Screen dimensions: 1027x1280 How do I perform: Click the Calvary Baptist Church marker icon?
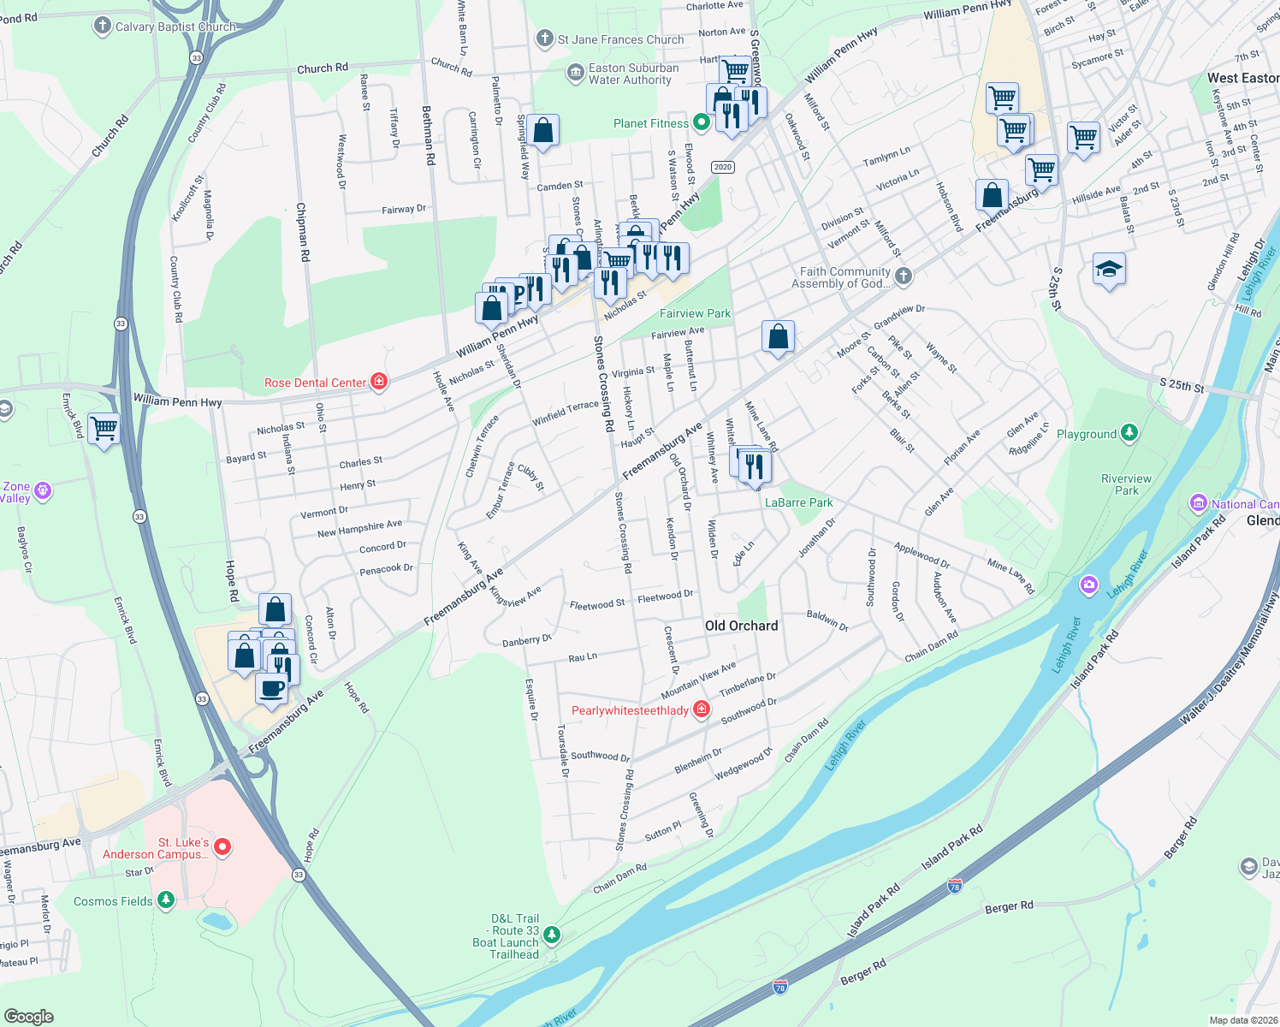point(103,26)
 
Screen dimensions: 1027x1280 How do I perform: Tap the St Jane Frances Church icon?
point(544,39)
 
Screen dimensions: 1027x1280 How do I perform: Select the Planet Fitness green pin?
point(702,123)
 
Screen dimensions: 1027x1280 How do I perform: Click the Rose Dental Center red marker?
point(379,383)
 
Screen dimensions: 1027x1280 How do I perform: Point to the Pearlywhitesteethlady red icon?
point(702,709)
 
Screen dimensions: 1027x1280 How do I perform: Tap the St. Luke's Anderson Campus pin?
point(222,847)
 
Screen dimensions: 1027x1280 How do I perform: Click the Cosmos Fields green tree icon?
point(166,900)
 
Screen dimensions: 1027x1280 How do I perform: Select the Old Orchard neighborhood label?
point(741,626)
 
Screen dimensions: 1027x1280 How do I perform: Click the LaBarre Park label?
point(798,502)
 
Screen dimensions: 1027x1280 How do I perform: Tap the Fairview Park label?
point(695,313)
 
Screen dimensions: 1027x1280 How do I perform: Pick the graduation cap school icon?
point(1109,270)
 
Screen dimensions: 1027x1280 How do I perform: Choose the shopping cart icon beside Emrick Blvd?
point(104,428)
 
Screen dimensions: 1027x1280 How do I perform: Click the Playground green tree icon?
point(1129,433)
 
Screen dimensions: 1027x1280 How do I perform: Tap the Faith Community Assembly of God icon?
point(904,276)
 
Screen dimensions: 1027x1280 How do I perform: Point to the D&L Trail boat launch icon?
point(552,935)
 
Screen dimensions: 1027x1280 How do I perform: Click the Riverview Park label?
point(1126,484)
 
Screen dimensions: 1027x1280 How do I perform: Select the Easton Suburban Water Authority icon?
point(575,74)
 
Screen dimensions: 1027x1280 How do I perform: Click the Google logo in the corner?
point(28,1016)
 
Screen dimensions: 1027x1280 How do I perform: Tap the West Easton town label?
point(1242,78)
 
